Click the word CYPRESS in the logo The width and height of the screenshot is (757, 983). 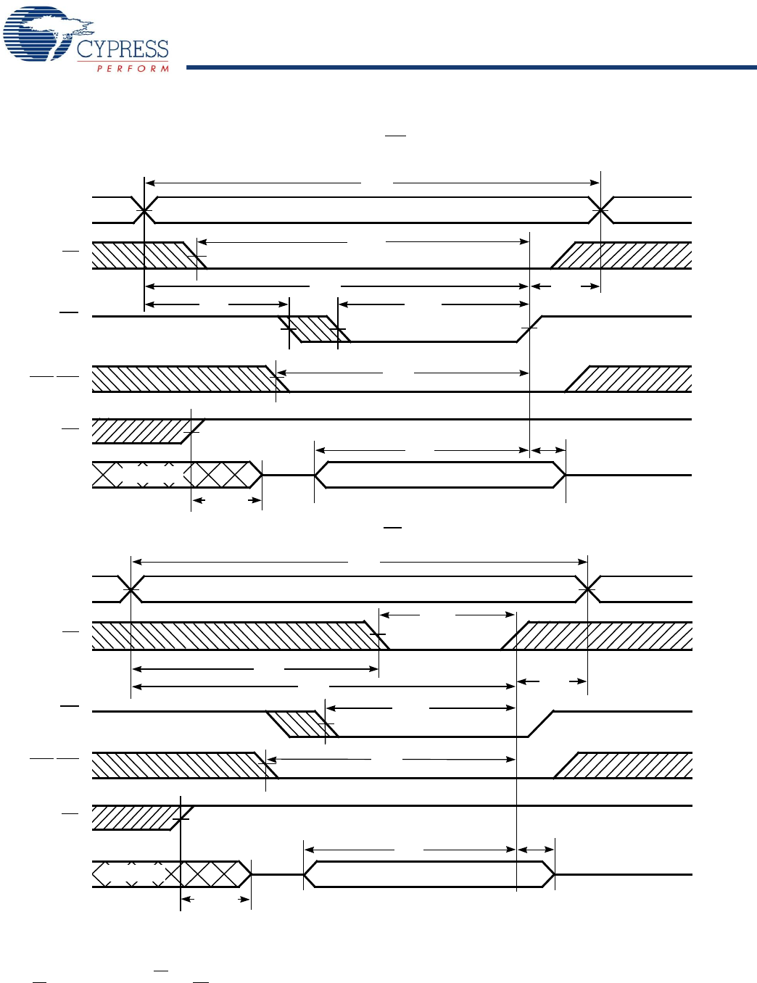pos(123,49)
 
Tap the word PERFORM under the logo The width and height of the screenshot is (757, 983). pos(133,69)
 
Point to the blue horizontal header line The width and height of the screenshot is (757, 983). pos(471,67)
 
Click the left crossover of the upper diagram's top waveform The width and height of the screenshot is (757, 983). pos(145,210)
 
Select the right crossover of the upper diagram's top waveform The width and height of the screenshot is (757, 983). pos(600,210)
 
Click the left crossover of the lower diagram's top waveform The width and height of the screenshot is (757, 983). pos(131,589)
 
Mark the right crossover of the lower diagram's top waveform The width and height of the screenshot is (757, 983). pos(587,589)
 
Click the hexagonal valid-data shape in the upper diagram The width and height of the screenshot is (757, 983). pos(439,475)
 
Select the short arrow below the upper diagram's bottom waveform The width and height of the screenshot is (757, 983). pos(226,500)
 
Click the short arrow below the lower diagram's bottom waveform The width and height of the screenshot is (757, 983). pos(215,900)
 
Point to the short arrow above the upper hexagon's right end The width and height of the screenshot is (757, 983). pos(548,451)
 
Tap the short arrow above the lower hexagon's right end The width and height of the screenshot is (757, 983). pos(536,850)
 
